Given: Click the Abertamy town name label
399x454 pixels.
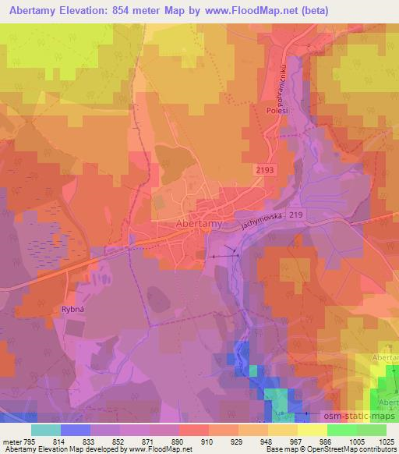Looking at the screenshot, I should point(196,223).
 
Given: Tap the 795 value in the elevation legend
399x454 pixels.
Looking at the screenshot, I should point(27,442).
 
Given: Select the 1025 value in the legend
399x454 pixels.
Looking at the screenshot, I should point(387,442).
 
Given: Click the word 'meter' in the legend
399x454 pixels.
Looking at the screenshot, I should point(10,442).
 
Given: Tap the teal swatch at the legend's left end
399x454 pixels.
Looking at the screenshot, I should point(45,430).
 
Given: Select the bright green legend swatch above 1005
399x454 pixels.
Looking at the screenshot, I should point(341,430).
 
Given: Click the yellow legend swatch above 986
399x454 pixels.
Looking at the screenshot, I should point(312,430).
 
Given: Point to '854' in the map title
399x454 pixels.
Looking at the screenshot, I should point(123,11).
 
